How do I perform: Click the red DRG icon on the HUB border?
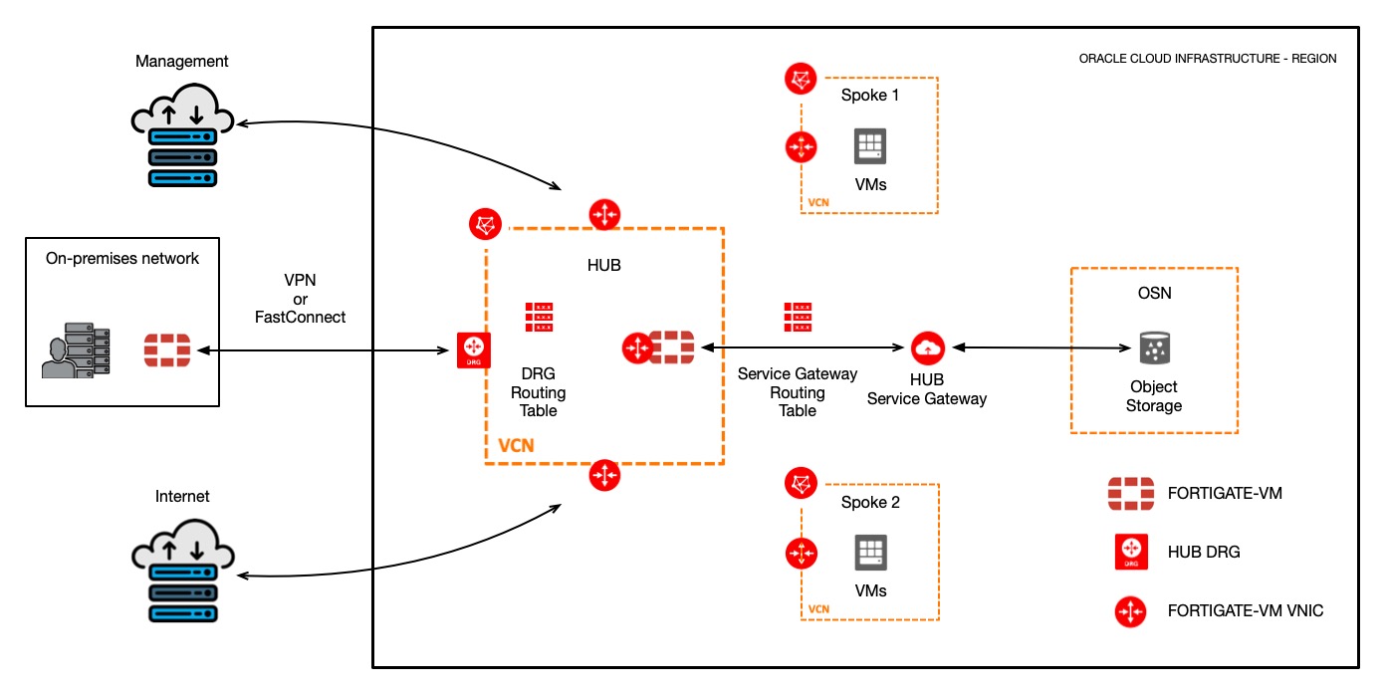(473, 351)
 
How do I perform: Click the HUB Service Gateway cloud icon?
(927, 347)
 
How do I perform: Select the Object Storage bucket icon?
(1153, 348)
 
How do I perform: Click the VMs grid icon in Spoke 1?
(870, 147)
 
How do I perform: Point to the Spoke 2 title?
(870, 503)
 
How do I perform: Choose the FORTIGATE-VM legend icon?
(1137, 494)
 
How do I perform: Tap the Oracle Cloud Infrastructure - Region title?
(1207, 59)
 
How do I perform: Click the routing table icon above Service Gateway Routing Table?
(797, 318)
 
